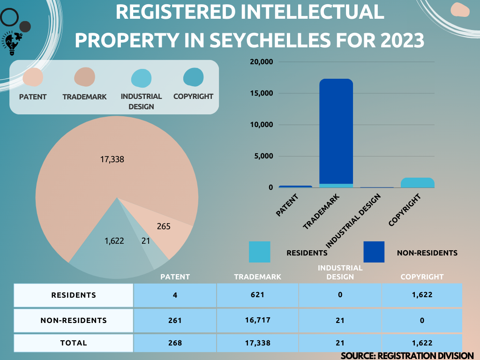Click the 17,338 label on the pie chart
(x=112, y=159)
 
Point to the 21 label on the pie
(x=146, y=241)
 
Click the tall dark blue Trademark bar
(x=336, y=131)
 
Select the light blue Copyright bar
(x=417, y=182)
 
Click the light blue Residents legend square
(x=259, y=252)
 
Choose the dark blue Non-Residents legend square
(x=374, y=252)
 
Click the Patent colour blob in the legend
(x=33, y=77)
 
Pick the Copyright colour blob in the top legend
(x=193, y=77)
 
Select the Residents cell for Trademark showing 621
(x=257, y=295)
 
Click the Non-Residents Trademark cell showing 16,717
(x=257, y=321)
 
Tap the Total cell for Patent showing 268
(x=175, y=343)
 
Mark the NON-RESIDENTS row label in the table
(x=74, y=321)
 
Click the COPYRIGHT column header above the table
(x=422, y=277)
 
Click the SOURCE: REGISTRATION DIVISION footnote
(x=407, y=356)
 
